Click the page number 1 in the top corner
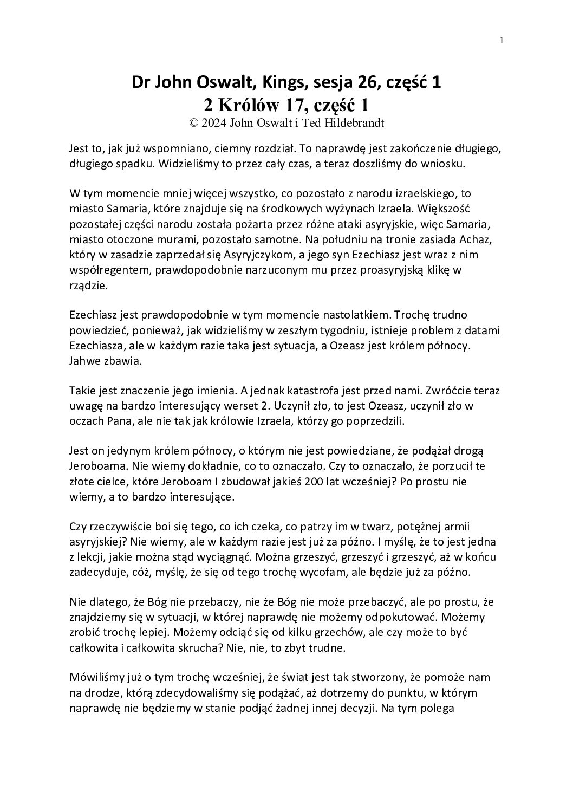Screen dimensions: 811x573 tap(502, 40)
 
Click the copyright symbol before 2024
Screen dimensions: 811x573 tap(193, 122)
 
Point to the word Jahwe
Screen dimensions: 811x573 tap(84, 360)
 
